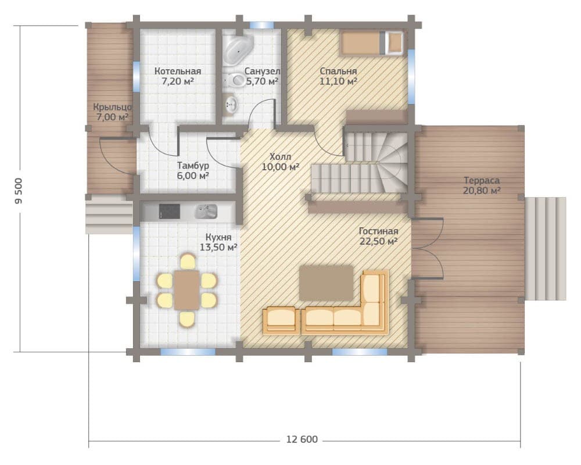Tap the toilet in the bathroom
[x=235, y=80]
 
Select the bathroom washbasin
[x=231, y=104]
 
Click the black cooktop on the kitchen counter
[x=169, y=212]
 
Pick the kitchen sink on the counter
[x=206, y=212]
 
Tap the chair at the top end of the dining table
[x=188, y=262]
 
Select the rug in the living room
[x=327, y=283]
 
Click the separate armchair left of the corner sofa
[x=281, y=320]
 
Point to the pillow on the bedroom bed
[x=394, y=42]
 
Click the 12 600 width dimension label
[x=302, y=439]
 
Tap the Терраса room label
[x=482, y=181]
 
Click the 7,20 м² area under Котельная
[x=178, y=81]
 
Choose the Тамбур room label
[x=193, y=166]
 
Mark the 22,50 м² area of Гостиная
[x=379, y=241]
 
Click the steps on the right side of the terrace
[x=546, y=248]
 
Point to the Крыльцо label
[x=112, y=108]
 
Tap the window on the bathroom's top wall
[x=261, y=25]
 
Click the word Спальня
[x=338, y=71]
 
